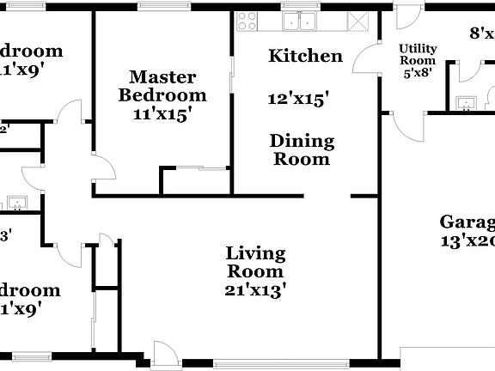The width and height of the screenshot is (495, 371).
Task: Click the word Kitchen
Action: [x=306, y=57]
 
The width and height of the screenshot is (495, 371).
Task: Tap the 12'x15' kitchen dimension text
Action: [x=299, y=100]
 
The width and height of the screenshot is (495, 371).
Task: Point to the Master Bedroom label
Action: [x=162, y=85]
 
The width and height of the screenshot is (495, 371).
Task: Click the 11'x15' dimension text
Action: [x=162, y=113]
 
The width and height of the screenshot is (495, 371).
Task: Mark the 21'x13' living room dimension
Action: [x=255, y=289]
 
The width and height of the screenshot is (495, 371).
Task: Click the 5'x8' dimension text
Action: [x=418, y=73]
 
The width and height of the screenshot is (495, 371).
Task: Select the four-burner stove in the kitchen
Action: [x=247, y=21]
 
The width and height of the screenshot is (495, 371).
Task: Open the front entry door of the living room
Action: [x=165, y=352]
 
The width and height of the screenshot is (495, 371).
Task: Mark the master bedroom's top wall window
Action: [x=158, y=7]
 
